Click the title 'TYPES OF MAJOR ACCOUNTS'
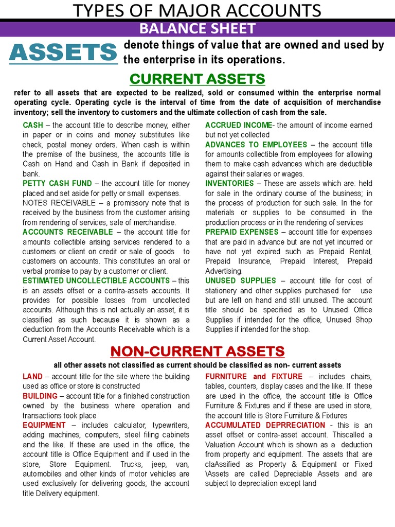(x=197, y=10)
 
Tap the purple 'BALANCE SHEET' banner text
(x=197, y=28)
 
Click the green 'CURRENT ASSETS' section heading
(x=197, y=79)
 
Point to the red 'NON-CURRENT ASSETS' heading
(x=197, y=352)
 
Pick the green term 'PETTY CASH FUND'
(x=57, y=183)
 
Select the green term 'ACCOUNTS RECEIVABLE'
(x=67, y=232)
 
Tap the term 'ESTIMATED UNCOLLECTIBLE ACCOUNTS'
(x=96, y=280)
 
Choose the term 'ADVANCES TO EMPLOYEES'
(x=256, y=145)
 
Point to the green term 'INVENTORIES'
(x=229, y=183)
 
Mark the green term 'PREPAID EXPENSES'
(x=242, y=232)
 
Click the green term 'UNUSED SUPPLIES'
(x=240, y=280)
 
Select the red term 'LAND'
(x=32, y=377)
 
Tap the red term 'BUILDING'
(x=40, y=396)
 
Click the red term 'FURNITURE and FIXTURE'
(x=254, y=377)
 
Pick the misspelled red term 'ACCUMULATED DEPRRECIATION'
(x=265, y=425)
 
